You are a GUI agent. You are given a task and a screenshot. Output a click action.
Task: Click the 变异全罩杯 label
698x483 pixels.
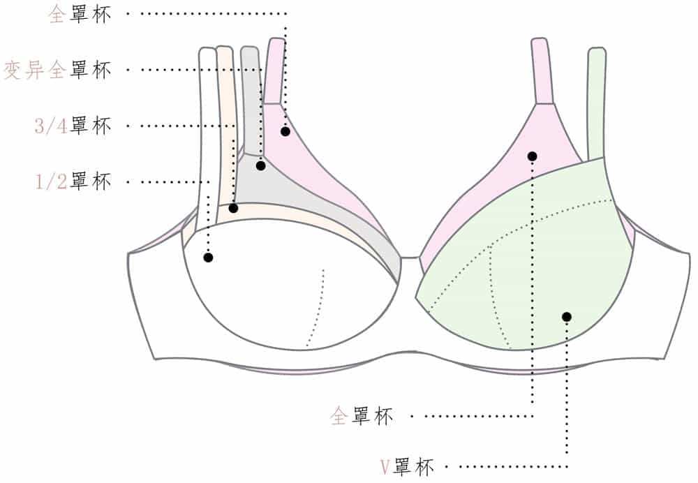(57, 70)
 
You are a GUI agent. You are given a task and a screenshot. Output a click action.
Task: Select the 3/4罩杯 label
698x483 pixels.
(73, 126)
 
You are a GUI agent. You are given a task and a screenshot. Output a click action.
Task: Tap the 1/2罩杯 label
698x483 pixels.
(73, 182)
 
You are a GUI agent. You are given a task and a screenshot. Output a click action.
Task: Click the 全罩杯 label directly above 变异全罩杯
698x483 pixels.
(80, 15)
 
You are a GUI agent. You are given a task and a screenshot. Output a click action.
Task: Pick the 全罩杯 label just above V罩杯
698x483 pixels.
(362, 417)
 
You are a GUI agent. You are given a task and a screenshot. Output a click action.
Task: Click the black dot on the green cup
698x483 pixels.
(566, 317)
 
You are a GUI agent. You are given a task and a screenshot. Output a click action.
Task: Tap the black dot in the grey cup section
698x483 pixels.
(261, 166)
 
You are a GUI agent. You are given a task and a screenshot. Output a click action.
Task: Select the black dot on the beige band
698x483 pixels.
(233, 208)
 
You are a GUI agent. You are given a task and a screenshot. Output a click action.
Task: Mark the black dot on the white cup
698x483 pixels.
(208, 258)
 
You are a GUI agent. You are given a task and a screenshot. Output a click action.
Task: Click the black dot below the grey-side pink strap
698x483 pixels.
(285, 131)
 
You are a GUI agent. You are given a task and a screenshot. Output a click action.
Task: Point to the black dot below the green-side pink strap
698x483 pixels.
(532, 156)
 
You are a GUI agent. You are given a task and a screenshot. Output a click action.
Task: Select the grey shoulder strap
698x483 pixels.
(250, 98)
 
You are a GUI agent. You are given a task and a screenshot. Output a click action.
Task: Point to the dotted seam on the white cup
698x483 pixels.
(318, 307)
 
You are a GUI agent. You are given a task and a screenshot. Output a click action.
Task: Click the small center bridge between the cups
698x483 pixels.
(409, 264)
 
